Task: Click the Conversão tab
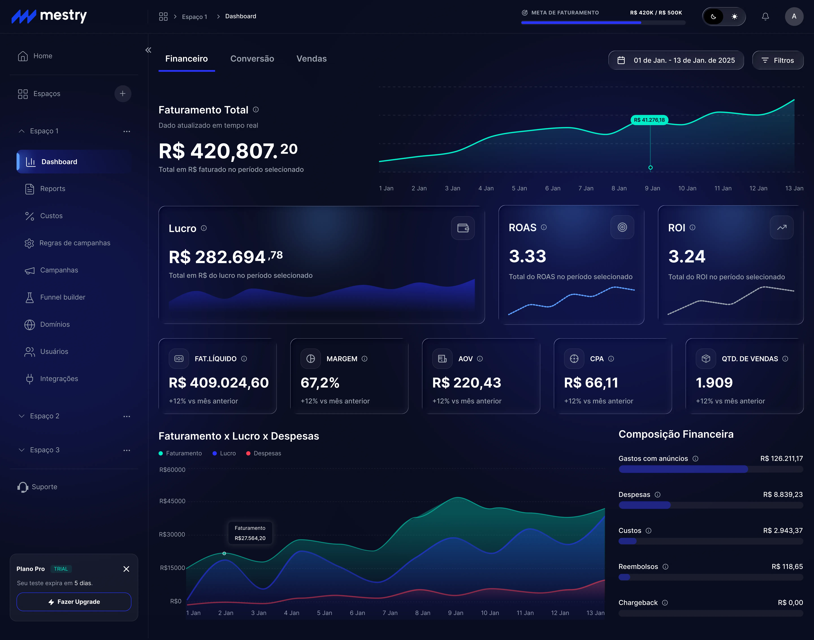[252, 59]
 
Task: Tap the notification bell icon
[765, 17]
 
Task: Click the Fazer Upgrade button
[74, 602]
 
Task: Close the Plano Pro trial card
[126, 569]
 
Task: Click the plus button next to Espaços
[123, 94]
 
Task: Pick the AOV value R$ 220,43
[466, 383]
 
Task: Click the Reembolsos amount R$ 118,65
[787, 567]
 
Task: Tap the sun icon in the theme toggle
[734, 17]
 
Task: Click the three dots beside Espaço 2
[127, 416]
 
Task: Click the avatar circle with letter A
[794, 17]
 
